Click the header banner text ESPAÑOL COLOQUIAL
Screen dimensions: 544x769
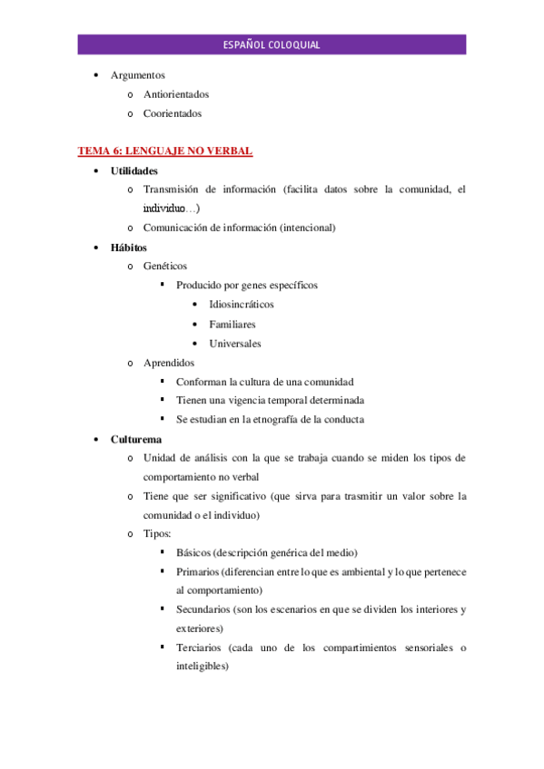click(x=272, y=45)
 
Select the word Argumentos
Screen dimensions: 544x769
click(x=137, y=75)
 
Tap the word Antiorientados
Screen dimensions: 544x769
click(x=176, y=94)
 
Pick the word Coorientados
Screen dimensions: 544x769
click(x=173, y=113)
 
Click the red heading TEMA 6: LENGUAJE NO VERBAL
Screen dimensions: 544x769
click(x=164, y=151)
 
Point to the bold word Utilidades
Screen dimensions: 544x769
click(x=134, y=170)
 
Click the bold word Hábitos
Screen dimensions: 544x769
click(x=129, y=247)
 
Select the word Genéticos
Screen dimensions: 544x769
click(x=165, y=266)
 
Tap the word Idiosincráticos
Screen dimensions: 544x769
click(x=242, y=305)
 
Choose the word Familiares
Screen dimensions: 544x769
click(x=232, y=324)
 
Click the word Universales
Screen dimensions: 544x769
click(x=235, y=344)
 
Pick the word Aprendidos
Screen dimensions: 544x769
click(x=169, y=363)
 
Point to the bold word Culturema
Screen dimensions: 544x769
click(x=137, y=439)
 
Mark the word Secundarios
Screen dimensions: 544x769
click(x=204, y=609)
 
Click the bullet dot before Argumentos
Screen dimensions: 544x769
click(x=96, y=75)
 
